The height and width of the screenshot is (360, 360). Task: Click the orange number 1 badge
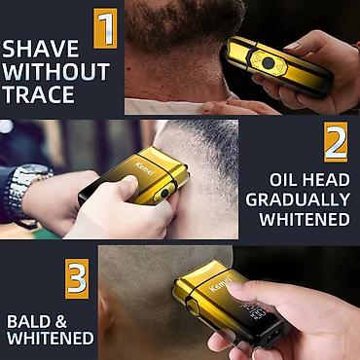click(105, 28)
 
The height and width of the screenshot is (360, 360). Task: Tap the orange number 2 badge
click(336, 142)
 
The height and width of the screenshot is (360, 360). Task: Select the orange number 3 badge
click(77, 278)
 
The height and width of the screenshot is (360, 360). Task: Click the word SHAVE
click(41, 50)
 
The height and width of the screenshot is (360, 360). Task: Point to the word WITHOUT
click(55, 72)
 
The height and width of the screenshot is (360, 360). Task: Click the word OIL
click(285, 180)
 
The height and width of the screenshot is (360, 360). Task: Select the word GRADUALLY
click(298, 199)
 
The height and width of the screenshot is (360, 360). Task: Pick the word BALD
click(28, 322)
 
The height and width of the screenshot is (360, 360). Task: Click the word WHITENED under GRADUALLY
click(305, 220)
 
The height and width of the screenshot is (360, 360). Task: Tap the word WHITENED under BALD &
click(51, 339)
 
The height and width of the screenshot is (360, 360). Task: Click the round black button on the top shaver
click(268, 62)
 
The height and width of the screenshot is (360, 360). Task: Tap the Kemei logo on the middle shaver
click(144, 168)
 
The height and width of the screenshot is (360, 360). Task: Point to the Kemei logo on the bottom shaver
click(220, 284)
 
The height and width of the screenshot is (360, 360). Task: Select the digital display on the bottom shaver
click(254, 312)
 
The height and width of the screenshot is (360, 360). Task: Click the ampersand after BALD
click(61, 322)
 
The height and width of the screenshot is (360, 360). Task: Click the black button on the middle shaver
click(164, 194)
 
